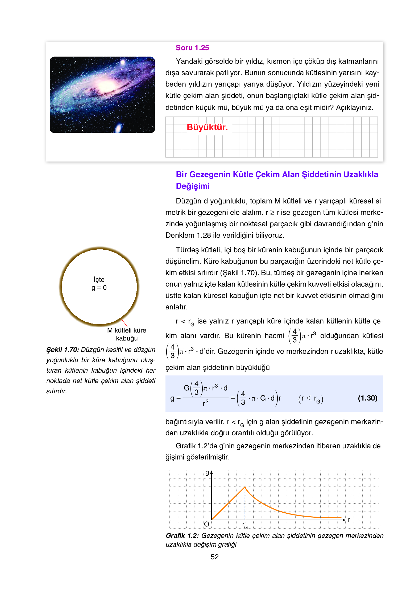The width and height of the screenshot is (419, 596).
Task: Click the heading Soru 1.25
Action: coord(192,48)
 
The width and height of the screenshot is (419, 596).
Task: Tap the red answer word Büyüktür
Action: coord(207,127)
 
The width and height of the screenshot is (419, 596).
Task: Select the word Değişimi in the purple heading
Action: coord(193,186)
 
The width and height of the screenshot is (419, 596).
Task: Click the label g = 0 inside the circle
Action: coord(99,288)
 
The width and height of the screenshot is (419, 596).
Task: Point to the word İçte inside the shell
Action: coord(99,279)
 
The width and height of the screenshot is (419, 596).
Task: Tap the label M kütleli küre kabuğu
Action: coord(127,334)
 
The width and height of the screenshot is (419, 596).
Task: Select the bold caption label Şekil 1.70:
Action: coord(63,350)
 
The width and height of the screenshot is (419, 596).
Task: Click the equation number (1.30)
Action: coord(367,398)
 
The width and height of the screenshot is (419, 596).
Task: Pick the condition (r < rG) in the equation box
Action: coord(310,399)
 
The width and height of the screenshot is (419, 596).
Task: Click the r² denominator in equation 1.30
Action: coord(205,403)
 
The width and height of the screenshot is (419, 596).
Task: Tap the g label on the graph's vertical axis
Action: coord(207,472)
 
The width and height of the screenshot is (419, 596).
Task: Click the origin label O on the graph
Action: coord(206,524)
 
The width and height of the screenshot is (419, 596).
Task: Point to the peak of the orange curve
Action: coord(245,487)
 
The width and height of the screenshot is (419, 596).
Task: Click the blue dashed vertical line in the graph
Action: coord(245,505)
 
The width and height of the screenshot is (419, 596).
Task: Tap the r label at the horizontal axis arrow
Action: coord(349,520)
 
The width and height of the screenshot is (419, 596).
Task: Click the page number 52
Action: coord(214,557)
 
